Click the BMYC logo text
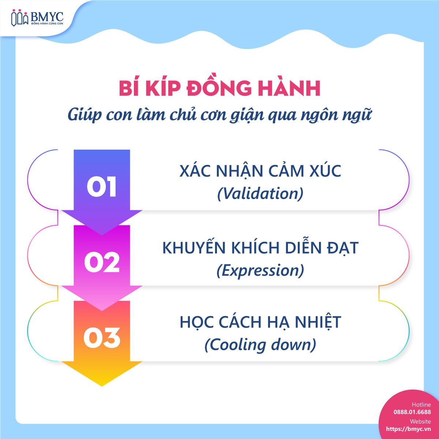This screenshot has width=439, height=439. [x=47, y=16]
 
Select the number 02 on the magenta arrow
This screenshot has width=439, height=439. [x=102, y=262]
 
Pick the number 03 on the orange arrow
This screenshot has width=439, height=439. [x=102, y=338]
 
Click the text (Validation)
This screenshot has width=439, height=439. [x=260, y=193]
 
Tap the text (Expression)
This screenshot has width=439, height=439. [x=260, y=270]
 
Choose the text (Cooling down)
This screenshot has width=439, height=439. [x=260, y=345]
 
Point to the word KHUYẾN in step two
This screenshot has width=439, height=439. [x=194, y=248]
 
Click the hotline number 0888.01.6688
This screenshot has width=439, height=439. [x=412, y=412]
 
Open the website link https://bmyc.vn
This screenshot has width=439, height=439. [x=408, y=429]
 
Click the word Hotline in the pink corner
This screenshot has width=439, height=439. [x=421, y=405]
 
